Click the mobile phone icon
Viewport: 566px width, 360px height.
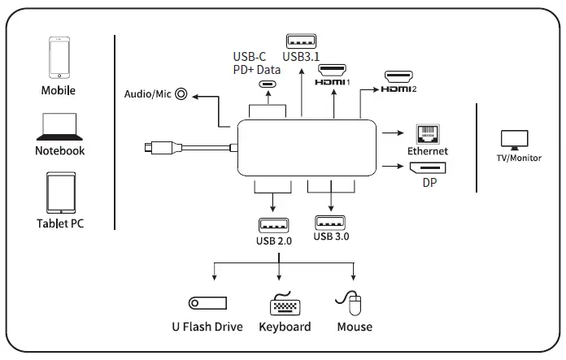coord(59,57)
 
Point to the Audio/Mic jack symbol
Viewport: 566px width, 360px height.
coord(181,94)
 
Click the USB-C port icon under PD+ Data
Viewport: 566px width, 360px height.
coord(267,84)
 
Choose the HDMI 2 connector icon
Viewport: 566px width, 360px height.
coord(398,77)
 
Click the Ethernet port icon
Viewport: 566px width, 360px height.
coord(427,134)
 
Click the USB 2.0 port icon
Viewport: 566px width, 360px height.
coord(272,225)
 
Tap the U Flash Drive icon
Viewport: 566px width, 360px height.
coord(207,304)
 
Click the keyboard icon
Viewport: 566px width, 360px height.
coord(285,305)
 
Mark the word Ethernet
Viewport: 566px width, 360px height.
coord(427,151)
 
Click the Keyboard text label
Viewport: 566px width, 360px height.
coord(285,327)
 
